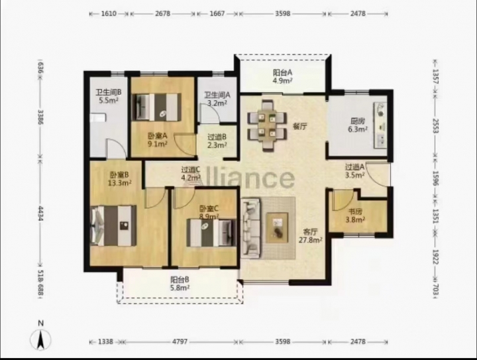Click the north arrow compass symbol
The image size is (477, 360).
pos(40,336)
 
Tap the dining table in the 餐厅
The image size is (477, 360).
pos(267,125)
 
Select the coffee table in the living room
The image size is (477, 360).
pos(277,227)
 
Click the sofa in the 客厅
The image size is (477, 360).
pos(250,227)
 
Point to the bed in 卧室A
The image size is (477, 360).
pos(157,107)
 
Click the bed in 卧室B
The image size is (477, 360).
pos(113,225)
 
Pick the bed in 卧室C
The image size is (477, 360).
pos(211,233)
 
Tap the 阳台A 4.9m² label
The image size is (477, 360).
pos(283,76)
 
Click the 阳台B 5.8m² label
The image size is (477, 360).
pos(180,283)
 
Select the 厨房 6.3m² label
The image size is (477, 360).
pos(358,125)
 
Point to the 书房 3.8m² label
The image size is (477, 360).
pos(355,215)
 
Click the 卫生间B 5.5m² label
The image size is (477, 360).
pos(109,96)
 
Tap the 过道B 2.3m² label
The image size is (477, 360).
pos(217,141)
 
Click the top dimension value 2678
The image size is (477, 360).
pos(163,14)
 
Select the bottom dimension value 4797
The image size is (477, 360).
pos(180,341)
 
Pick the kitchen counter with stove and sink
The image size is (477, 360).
pos(380,125)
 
